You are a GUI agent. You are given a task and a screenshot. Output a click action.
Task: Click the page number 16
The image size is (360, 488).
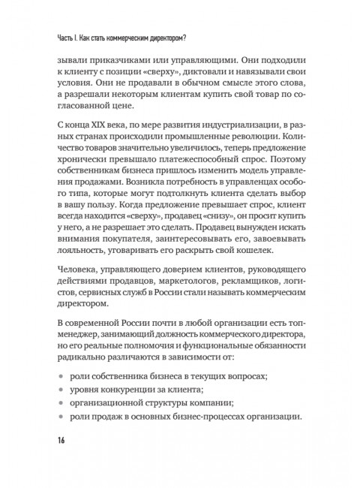pyautogui.click(x=62, y=438)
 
